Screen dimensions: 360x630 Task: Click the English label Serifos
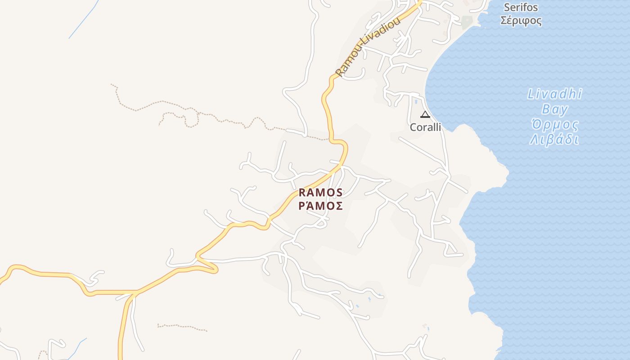pyautogui.click(x=521, y=7)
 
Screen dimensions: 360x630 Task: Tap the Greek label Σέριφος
pyautogui.click(x=521, y=21)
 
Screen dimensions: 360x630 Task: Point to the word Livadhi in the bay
pyautogui.click(x=554, y=94)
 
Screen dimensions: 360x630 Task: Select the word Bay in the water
pyautogui.click(x=554, y=109)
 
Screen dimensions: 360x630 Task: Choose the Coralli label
pyautogui.click(x=425, y=127)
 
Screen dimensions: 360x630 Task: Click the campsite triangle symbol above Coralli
pyautogui.click(x=425, y=114)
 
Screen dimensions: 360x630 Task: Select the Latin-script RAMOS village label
pyautogui.click(x=321, y=193)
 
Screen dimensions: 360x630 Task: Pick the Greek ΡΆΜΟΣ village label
pyautogui.click(x=321, y=206)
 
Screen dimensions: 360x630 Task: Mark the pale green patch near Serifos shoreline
pyautogui.click(x=467, y=22)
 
